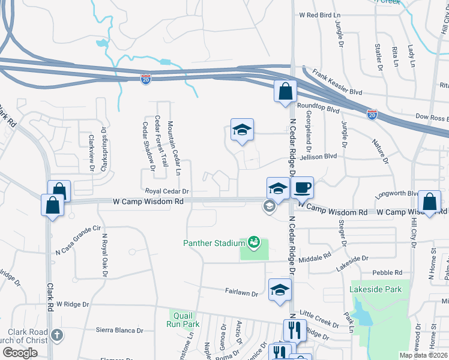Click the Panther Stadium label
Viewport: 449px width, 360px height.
click(x=214, y=243)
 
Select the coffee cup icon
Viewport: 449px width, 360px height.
click(x=302, y=188)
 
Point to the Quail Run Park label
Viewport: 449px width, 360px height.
click(x=183, y=319)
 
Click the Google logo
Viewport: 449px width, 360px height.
click(x=19, y=353)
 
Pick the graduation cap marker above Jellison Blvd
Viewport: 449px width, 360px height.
click(x=242, y=130)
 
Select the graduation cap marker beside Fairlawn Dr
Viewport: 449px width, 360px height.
click(x=280, y=290)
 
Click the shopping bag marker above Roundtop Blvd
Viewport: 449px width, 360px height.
click(x=285, y=92)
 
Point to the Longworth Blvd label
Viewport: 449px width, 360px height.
click(x=396, y=194)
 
